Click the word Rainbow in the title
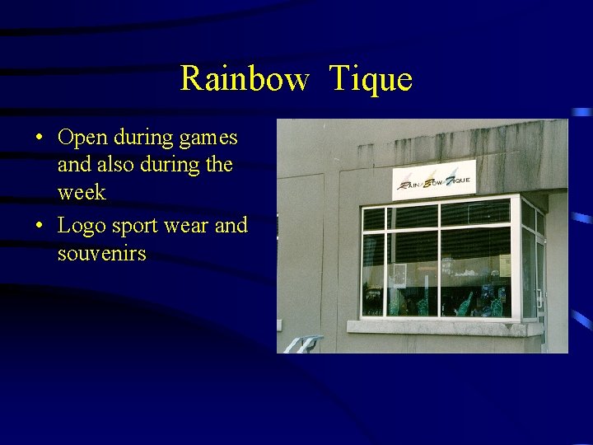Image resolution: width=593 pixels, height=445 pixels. (245, 79)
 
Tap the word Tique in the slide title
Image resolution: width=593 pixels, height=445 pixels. (371, 79)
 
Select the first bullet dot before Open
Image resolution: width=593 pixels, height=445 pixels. (40, 137)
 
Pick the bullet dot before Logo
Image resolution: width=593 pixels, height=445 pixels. (40, 226)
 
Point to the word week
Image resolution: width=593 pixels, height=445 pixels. (82, 193)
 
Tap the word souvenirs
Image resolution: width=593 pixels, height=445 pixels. (101, 254)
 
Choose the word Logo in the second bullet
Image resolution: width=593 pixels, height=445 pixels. (82, 226)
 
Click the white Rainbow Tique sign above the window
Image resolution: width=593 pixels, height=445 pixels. (434, 180)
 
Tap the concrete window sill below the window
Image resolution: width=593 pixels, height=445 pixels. (444, 327)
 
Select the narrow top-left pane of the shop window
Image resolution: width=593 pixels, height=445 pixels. (374, 219)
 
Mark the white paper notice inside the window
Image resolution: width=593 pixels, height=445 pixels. (399, 274)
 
